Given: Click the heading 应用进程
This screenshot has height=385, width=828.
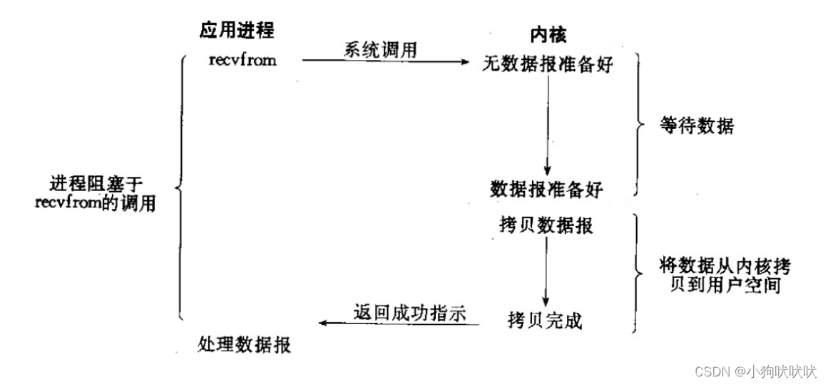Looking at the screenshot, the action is click(236, 31).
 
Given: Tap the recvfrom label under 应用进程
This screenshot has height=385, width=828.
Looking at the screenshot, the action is click(242, 60).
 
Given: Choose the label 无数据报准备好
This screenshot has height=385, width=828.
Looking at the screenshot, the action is click(547, 63).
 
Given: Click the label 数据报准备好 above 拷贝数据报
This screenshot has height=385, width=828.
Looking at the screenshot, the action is click(546, 189).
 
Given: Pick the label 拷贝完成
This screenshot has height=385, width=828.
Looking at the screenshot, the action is click(546, 321).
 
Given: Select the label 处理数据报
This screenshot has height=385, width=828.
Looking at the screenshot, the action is click(244, 346).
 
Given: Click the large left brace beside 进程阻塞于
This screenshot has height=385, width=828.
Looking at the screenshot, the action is click(180, 189).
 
